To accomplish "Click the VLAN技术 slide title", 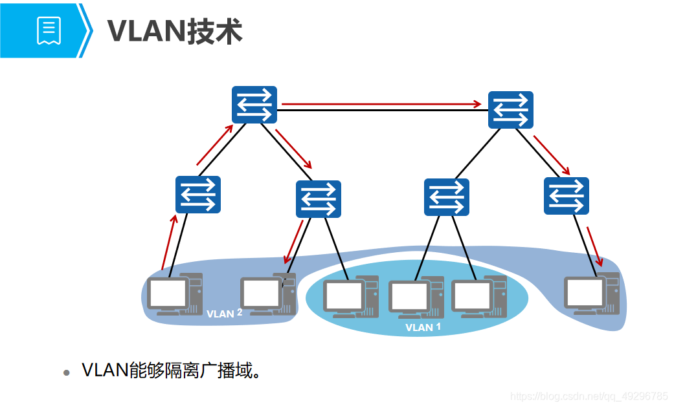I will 175,30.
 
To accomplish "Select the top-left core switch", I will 254,105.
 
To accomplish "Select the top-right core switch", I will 510,110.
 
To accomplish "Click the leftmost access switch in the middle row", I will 198,195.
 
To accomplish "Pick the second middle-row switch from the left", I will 319,199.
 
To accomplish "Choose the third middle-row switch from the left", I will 447,197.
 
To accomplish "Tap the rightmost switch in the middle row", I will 567,195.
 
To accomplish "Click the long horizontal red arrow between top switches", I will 382,103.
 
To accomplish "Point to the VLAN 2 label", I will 224,314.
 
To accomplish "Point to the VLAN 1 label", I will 423,327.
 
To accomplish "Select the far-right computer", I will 590,294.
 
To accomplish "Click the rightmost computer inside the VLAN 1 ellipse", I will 478,297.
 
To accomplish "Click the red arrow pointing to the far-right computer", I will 594,246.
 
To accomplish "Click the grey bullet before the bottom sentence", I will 66,373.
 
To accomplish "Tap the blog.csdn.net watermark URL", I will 589,395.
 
